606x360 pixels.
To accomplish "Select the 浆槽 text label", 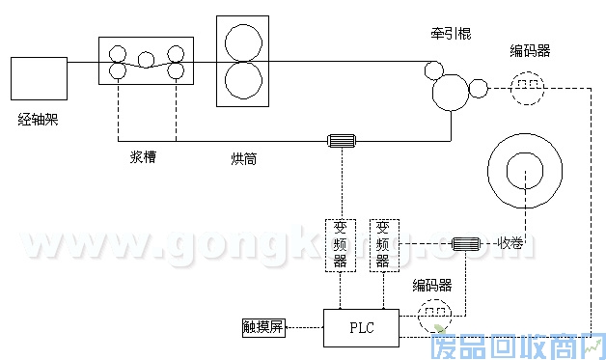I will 144,156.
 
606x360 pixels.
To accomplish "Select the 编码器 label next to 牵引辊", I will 530,50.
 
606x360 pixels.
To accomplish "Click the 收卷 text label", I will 513,242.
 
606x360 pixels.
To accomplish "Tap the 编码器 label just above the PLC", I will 433,285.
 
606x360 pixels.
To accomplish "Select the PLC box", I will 361,328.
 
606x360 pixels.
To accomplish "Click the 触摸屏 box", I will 263,328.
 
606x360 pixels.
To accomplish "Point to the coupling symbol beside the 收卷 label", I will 468,243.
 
